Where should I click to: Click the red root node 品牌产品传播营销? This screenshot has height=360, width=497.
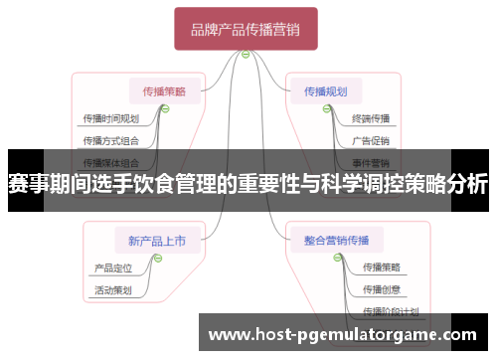coord(246,29)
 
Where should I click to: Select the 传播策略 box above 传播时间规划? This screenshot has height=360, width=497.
coord(164,90)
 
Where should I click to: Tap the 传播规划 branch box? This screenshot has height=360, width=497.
coord(326,90)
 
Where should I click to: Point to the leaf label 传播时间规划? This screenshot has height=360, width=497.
coord(110,119)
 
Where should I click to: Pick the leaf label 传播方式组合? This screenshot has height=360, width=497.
coord(110,140)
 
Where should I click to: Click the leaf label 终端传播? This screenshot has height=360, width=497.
coord(371,119)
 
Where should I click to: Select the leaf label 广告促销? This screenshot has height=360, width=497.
coord(371,140)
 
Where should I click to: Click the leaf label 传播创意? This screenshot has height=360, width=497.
coord(382,289)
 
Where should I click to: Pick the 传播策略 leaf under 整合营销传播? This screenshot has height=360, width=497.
coord(382,268)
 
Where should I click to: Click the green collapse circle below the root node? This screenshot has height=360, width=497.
coord(246,55)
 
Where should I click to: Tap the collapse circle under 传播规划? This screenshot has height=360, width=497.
coord(326,109)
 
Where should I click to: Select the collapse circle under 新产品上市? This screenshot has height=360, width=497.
coord(157,258)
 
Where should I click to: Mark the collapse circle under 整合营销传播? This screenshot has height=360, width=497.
coord(330,258)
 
